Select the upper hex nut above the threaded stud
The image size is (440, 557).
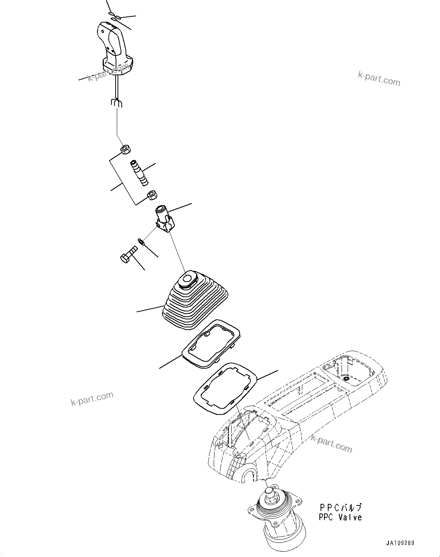pos(125,149)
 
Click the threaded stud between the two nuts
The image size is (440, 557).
pos(139,173)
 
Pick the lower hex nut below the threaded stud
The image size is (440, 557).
pos(152,196)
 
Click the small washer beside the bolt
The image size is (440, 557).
pos(141,241)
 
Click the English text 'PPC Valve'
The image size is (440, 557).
pos(340,517)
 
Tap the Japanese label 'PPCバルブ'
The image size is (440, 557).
pos(340,507)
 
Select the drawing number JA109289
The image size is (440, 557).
pos(399,543)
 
